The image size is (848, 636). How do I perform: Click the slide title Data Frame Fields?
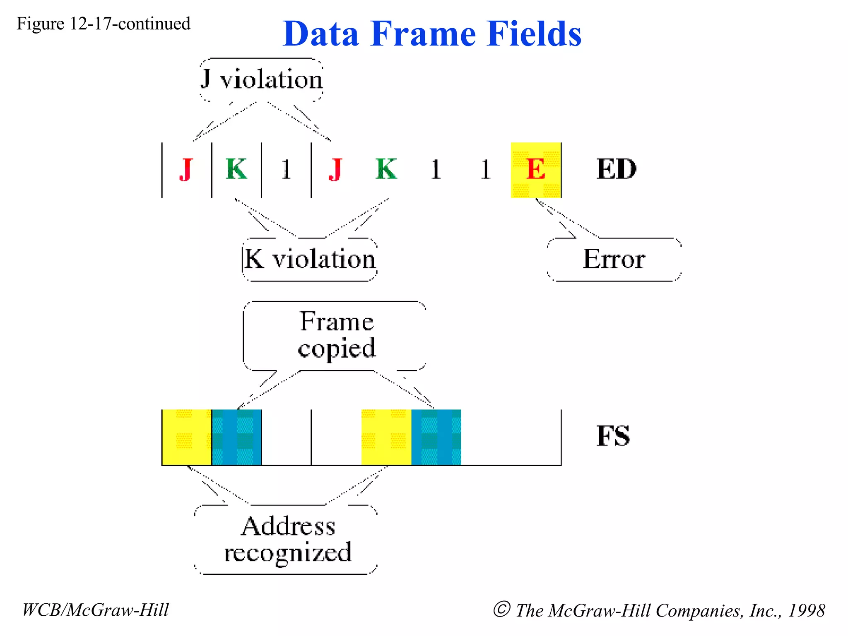(432, 34)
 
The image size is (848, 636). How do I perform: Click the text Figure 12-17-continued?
(103, 24)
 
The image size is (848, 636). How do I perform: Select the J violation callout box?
(261, 79)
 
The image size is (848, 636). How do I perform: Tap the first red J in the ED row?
(186, 169)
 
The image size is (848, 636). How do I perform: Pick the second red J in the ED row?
(336, 169)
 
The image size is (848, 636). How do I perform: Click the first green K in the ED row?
(236, 169)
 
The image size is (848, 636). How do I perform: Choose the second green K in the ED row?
(386, 169)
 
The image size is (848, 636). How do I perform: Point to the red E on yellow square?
(536, 170)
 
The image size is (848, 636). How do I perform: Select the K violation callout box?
(310, 260)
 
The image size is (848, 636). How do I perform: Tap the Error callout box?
(614, 260)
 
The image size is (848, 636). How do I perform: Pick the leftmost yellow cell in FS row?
(187, 437)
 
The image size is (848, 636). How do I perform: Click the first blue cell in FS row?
(236, 437)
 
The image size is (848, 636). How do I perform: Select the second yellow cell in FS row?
(386, 437)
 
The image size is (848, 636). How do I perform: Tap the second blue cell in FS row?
(436, 437)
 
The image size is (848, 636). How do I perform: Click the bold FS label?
(613, 436)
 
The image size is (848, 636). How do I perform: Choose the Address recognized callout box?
(287, 539)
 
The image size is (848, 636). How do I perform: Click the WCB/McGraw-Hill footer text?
(95, 610)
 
